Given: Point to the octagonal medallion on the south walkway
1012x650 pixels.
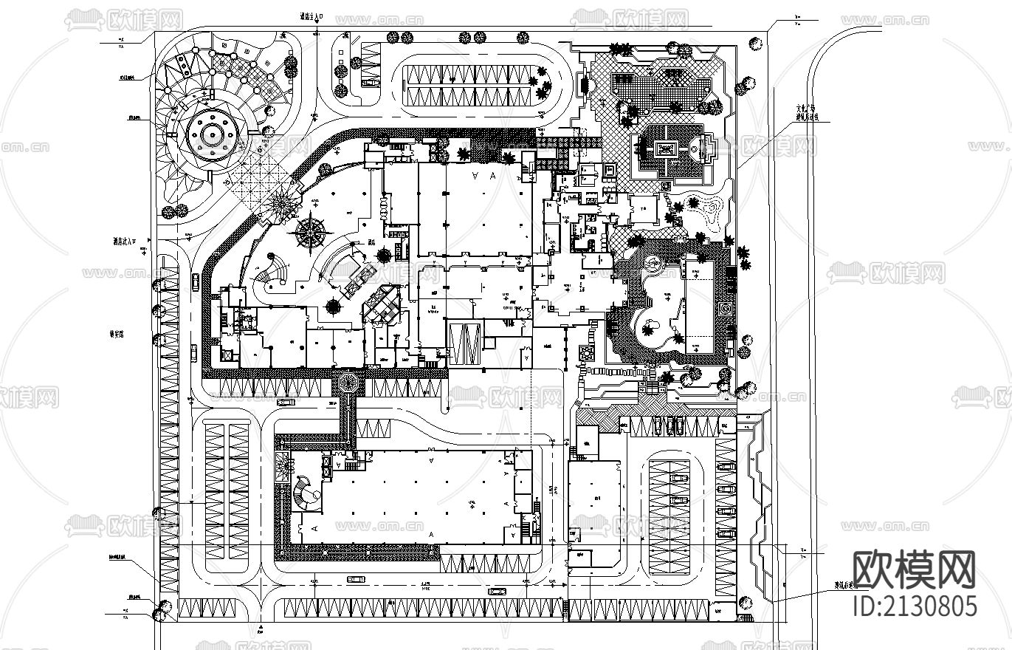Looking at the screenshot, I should pyautogui.click(x=346, y=383).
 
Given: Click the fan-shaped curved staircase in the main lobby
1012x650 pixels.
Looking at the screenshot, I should pyautogui.click(x=276, y=270).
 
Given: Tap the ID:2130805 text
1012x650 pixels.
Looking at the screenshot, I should pyautogui.click(x=915, y=606).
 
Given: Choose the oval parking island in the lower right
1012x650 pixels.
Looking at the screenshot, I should pyautogui.click(x=669, y=517).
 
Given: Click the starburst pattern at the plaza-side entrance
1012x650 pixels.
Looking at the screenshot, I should pyautogui.click(x=282, y=202).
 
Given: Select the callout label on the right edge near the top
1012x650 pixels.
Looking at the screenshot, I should pyautogui.click(x=810, y=111).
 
